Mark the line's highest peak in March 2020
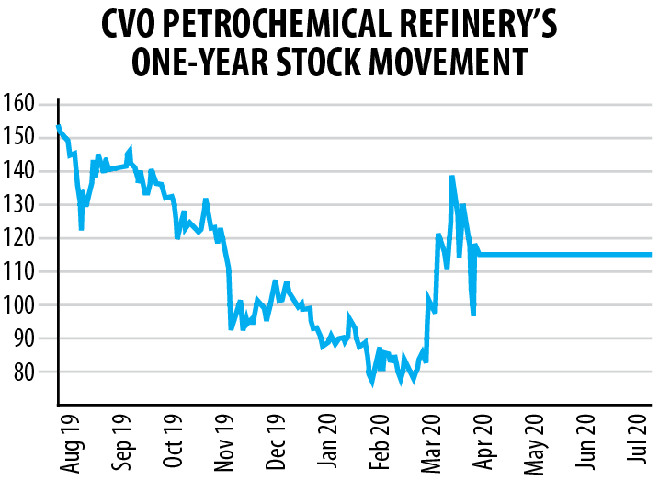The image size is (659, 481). pyautogui.click(x=452, y=177)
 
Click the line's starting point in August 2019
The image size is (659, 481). pyautogui.click(x=58, y=127)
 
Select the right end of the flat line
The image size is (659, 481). pyautogui.click(x=650, y=255)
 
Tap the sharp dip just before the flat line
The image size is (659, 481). pyautogui.click(x=473, y=315)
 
